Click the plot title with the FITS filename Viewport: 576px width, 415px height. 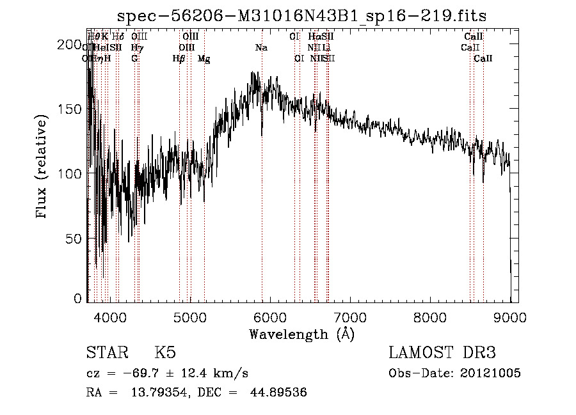pos(303,16)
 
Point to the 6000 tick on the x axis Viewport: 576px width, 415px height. pos(270,317)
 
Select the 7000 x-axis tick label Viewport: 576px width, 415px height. pos(350,317)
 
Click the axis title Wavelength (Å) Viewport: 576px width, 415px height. pos(301,334)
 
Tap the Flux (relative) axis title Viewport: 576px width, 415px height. pos(43,168)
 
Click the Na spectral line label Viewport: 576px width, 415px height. pos(261,48)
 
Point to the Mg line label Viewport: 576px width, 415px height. pos(204,59)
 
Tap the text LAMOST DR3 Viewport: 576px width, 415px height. pos(442,353)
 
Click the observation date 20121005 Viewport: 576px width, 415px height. pos(492,373)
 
